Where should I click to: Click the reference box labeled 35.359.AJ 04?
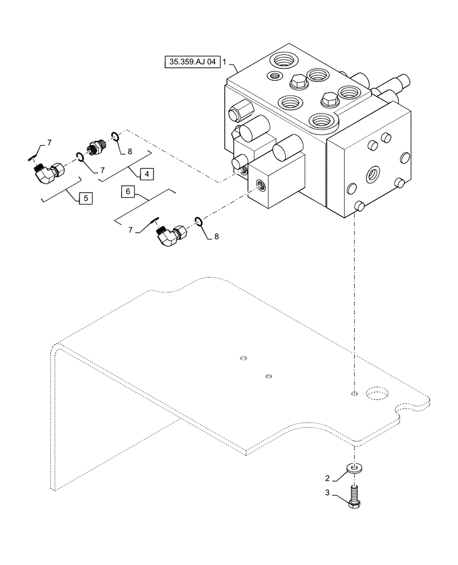(191, 62)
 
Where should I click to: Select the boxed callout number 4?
(146, 174)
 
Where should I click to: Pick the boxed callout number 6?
(128, 192)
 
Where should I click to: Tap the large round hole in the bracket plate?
(377, 393)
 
